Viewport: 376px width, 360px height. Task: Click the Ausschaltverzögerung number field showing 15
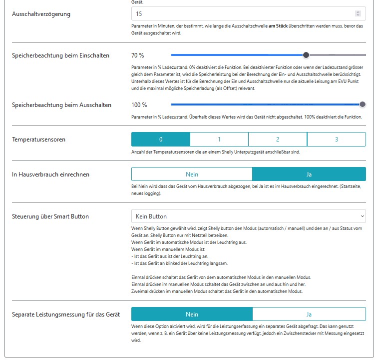click(x=240, y=14)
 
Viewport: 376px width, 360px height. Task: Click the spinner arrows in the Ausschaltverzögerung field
click(x=357, y=14)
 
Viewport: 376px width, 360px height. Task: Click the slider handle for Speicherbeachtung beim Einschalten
click(x=306, y=55)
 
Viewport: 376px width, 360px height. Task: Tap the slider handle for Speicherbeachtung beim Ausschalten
click(x=363, y=104)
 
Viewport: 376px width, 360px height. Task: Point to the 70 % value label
click(x=138, y=55)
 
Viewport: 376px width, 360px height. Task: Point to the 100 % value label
click(x=139, y=104)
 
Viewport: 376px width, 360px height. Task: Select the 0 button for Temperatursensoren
click(x=161, y=139)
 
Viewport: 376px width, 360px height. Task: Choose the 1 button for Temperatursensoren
click(x=219, y=139)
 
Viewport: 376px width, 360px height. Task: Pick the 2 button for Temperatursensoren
click(x=278, y=139)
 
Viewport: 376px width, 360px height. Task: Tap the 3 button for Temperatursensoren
click(x=337, y=139)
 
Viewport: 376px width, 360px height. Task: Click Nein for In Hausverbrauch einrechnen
click(x=192, y=174)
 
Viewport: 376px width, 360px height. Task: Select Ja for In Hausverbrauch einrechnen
click(x=309, y=174)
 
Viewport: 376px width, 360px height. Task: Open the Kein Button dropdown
click(x=248, y=216)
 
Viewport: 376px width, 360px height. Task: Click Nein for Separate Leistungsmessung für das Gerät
click(x=192, y=314)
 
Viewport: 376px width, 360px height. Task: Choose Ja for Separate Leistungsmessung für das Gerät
click(x=309, y=314)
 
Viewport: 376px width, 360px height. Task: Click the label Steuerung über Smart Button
click(x=50, y=216)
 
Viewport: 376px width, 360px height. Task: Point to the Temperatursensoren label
click(x=38, y=139)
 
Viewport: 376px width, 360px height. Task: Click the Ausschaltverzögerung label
click(x=41, y=14)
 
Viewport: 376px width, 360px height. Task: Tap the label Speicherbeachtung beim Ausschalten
click(x=61, y=104)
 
